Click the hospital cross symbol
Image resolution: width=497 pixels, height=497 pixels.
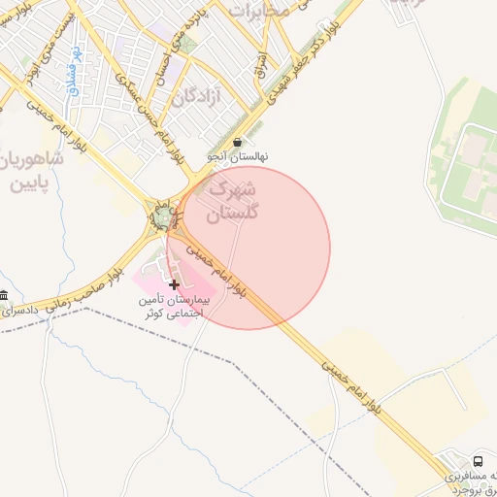point(174,284)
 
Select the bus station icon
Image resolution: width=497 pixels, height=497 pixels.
point(478,460)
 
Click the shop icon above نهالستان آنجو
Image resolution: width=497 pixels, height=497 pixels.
point(238,142)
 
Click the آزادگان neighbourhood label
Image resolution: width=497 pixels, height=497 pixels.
point(198,96)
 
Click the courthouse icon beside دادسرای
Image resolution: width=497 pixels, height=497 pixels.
point(5,295)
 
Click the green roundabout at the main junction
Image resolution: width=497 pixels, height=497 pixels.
point(162,218)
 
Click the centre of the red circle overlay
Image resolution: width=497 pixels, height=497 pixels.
point(248,248)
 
